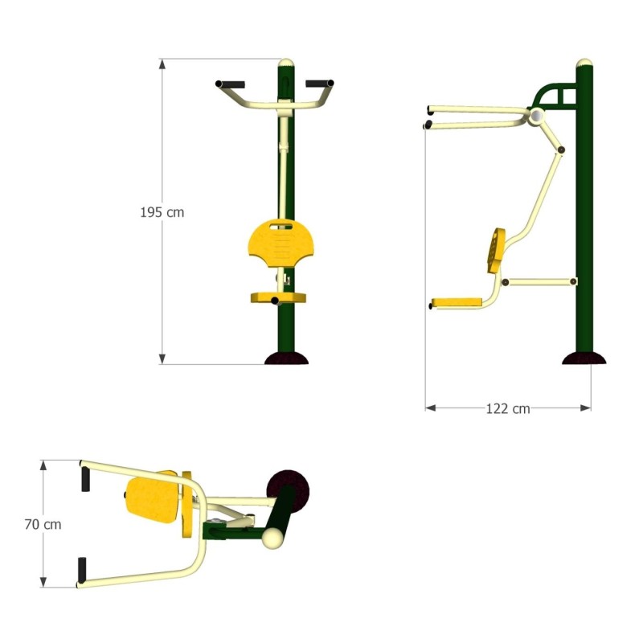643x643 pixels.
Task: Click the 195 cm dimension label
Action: (x=162, y=213)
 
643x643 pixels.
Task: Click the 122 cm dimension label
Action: (x=508, y=408)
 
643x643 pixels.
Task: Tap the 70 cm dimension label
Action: (x=43, y=524)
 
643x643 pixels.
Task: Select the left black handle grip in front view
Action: (x=230, y=84)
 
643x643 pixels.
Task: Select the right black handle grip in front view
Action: (x=319, y=83)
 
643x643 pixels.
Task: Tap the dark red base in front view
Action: (x=286, y=358)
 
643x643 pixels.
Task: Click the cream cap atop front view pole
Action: (x=285, y=62)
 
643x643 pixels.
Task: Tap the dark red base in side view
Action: (x=584, y=358)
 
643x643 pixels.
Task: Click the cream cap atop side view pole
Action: (x=585, y=63)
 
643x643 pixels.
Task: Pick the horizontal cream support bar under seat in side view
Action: (x=539, y=282)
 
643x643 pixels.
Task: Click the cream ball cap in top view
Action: (x=274, y=538)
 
